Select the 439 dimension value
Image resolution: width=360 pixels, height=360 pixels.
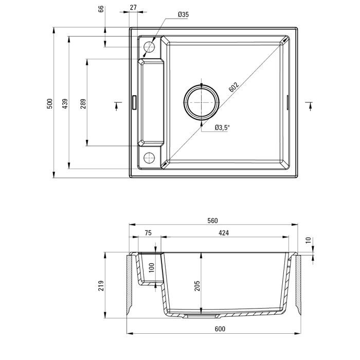(65, 103)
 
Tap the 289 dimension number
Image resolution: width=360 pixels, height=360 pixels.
(83, 103)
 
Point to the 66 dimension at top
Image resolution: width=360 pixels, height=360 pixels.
(101, 9)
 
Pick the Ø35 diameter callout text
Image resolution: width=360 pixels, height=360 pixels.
(183, 15)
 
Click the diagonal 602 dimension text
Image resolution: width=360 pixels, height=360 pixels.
(233, 87)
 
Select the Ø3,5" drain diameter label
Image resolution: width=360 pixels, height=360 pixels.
(222, 127)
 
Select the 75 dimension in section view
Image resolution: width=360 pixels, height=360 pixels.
(148, 233)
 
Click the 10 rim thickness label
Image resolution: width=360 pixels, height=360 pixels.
(308, 241)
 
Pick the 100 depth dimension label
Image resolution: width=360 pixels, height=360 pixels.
(151, 268)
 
